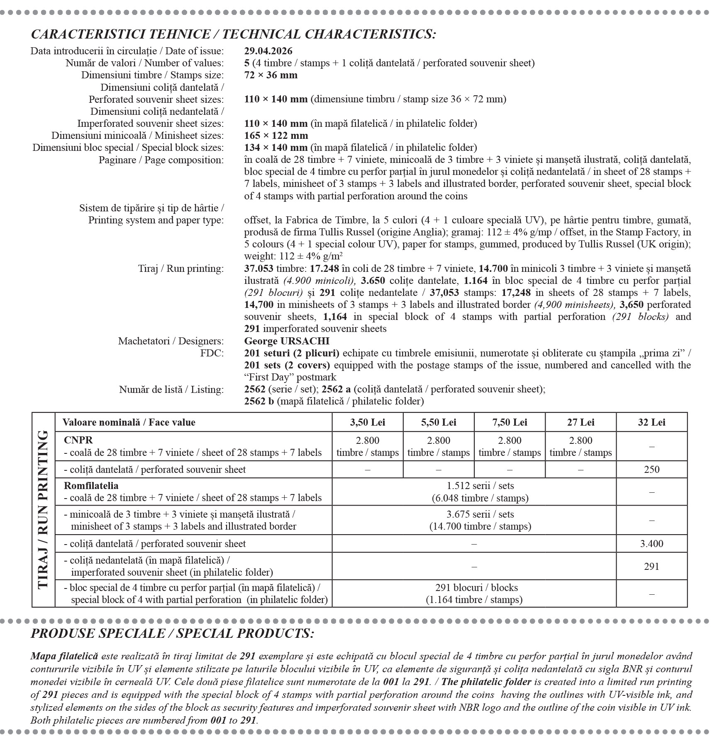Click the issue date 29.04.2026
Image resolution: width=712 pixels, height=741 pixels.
268,51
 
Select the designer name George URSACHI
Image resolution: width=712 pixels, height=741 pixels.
287,341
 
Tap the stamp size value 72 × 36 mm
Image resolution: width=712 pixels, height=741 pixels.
271,75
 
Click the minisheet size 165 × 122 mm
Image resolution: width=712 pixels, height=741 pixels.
276,136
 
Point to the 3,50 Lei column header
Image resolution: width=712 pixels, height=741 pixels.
367,422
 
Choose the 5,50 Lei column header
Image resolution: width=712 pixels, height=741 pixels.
439,422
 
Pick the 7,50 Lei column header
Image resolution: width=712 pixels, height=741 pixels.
510,422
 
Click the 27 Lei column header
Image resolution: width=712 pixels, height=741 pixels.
580,422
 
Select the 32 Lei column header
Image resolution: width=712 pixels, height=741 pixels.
651,422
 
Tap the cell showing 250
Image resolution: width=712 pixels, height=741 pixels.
651,470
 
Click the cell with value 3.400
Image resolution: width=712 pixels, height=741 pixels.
651,544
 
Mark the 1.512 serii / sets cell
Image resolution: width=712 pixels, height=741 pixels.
480,492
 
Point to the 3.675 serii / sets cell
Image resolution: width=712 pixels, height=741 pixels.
480,520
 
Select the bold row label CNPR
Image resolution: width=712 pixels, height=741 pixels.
78,440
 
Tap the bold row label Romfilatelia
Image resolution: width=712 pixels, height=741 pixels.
91,486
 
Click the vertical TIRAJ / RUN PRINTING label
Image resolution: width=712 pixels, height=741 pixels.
44,510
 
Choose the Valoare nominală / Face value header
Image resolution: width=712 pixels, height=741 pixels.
129,422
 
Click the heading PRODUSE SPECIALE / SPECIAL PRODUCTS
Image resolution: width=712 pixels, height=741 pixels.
172,633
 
